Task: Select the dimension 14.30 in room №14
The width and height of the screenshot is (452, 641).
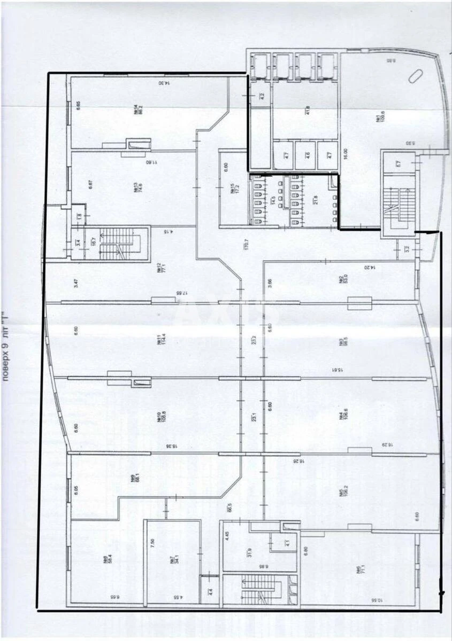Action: [159, 83]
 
